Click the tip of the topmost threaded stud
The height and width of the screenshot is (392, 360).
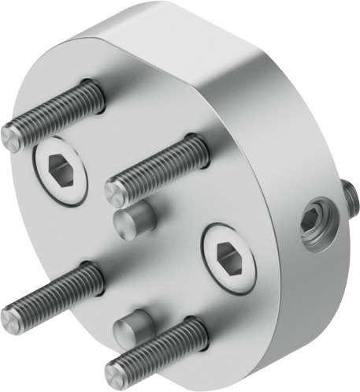click(12, 138)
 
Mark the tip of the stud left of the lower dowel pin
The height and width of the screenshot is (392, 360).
click(11, 319)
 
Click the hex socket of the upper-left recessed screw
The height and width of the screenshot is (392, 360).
click(61, 168)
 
